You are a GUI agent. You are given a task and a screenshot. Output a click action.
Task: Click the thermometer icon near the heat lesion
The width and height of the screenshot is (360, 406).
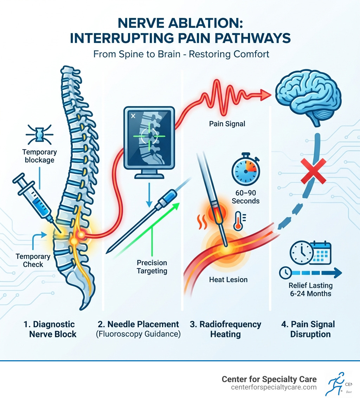pos(239,221)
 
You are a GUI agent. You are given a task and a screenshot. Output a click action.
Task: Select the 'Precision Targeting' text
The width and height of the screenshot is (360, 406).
pos(152,267)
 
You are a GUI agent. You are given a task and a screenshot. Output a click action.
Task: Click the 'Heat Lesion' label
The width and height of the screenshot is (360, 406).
pos(229,280)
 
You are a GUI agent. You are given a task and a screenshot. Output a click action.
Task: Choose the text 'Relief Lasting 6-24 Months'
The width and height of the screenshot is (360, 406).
pos(311,290)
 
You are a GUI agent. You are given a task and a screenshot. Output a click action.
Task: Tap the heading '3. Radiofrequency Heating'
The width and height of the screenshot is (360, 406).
pos(225,329)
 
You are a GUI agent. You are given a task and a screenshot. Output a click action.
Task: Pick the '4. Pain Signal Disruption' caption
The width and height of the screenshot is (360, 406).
pos(307,329)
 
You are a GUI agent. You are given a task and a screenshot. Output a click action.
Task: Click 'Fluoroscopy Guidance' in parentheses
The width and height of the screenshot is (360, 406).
pos(138,334)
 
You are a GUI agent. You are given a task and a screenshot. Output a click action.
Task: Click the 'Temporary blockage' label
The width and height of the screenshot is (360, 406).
pos(39,156)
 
